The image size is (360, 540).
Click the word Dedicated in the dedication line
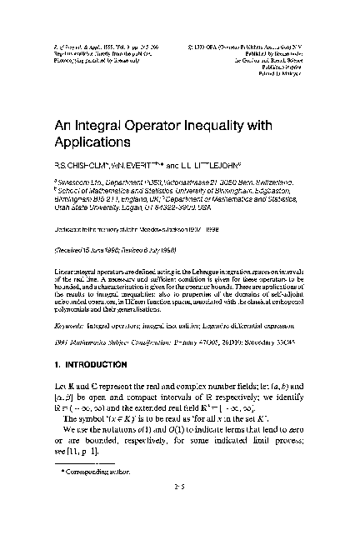click(70, 229)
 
